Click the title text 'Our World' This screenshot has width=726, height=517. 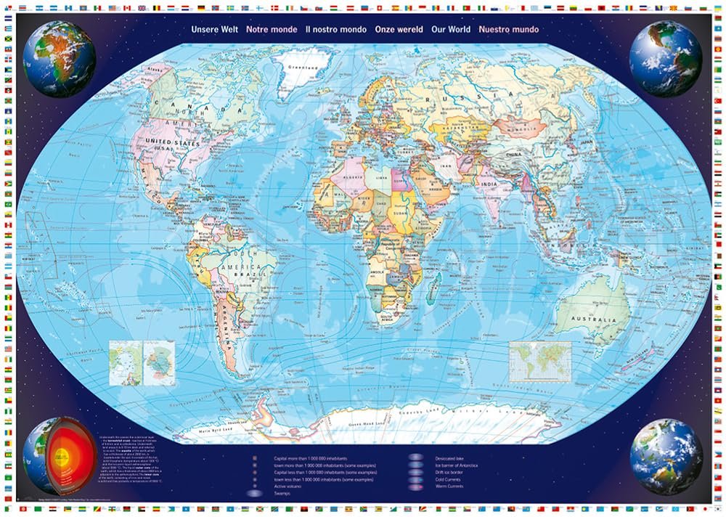pyautogui.click(x=450, y=30)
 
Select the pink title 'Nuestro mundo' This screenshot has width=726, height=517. pyautogui.click(x=509, y=30)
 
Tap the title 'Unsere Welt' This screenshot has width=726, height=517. pyautogui.click(x=214, y=30)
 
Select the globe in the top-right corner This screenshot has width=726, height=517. pyautogui.click(x=665, y=60)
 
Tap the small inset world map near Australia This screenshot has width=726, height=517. pyautogui.click(x=540, y=359)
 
